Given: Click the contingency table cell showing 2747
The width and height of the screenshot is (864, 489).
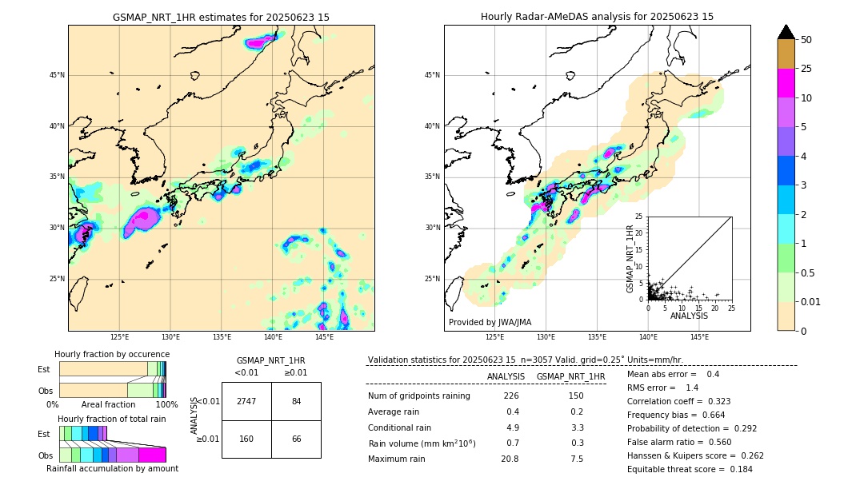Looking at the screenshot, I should click(246, 401).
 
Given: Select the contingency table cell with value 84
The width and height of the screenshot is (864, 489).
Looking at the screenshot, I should click(296, 401).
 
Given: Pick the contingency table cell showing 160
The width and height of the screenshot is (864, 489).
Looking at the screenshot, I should click(246, 439).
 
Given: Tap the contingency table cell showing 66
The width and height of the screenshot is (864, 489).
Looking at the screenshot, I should click(296, 439).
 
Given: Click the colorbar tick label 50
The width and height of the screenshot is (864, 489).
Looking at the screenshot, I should click(806, 40).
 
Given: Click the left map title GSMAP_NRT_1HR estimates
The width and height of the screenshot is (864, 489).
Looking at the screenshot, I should click(221, 17).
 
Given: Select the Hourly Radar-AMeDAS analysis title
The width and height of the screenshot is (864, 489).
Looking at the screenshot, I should click(597, 17).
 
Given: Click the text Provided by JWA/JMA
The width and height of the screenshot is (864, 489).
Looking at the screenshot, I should click(490, 322).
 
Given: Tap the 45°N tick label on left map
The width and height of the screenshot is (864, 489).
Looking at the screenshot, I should click(56, 75).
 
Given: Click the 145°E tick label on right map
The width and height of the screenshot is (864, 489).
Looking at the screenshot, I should click(699, 337).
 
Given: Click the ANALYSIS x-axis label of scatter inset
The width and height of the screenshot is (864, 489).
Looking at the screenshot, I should click(689, 316).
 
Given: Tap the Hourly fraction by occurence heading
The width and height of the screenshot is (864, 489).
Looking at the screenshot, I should click(112, 354).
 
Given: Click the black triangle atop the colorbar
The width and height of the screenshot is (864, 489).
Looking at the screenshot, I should click(786, 32).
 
